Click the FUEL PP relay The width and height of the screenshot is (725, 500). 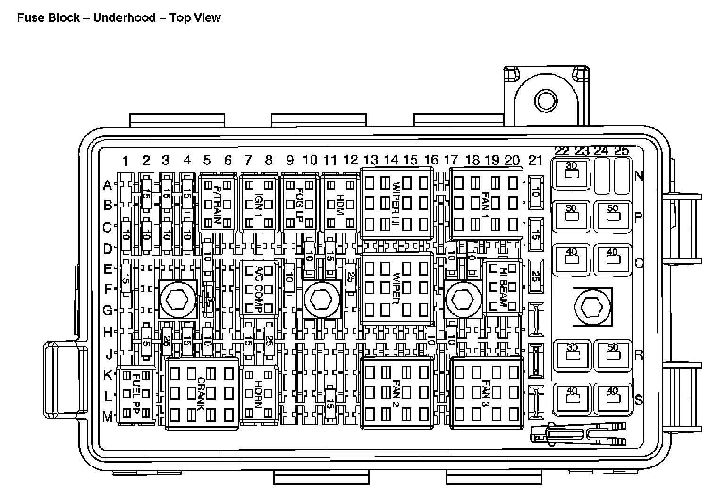tap(136, 395)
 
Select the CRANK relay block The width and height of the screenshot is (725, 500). tap(202, 393)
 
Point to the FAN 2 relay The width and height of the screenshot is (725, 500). tap(397, 393)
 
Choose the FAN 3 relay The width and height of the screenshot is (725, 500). tap(487, 393)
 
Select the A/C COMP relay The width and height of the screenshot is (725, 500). tap(258, 288)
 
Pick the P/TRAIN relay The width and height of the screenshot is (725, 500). tap(218, 203)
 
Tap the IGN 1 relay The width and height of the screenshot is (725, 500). tap(258, 203)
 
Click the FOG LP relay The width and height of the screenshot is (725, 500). tap(299, 203)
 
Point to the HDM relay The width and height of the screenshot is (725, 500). tap(340, 203)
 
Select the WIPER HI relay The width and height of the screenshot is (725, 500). tap(397, 202)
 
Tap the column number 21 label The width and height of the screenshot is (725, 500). tap(535, 161)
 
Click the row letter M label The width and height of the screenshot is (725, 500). tap(108, 416)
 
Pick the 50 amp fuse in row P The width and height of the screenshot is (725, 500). tap(613, 216)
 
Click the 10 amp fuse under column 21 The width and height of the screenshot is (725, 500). tap(535, 192)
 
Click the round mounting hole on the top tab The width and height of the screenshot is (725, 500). tap(546, 101)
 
